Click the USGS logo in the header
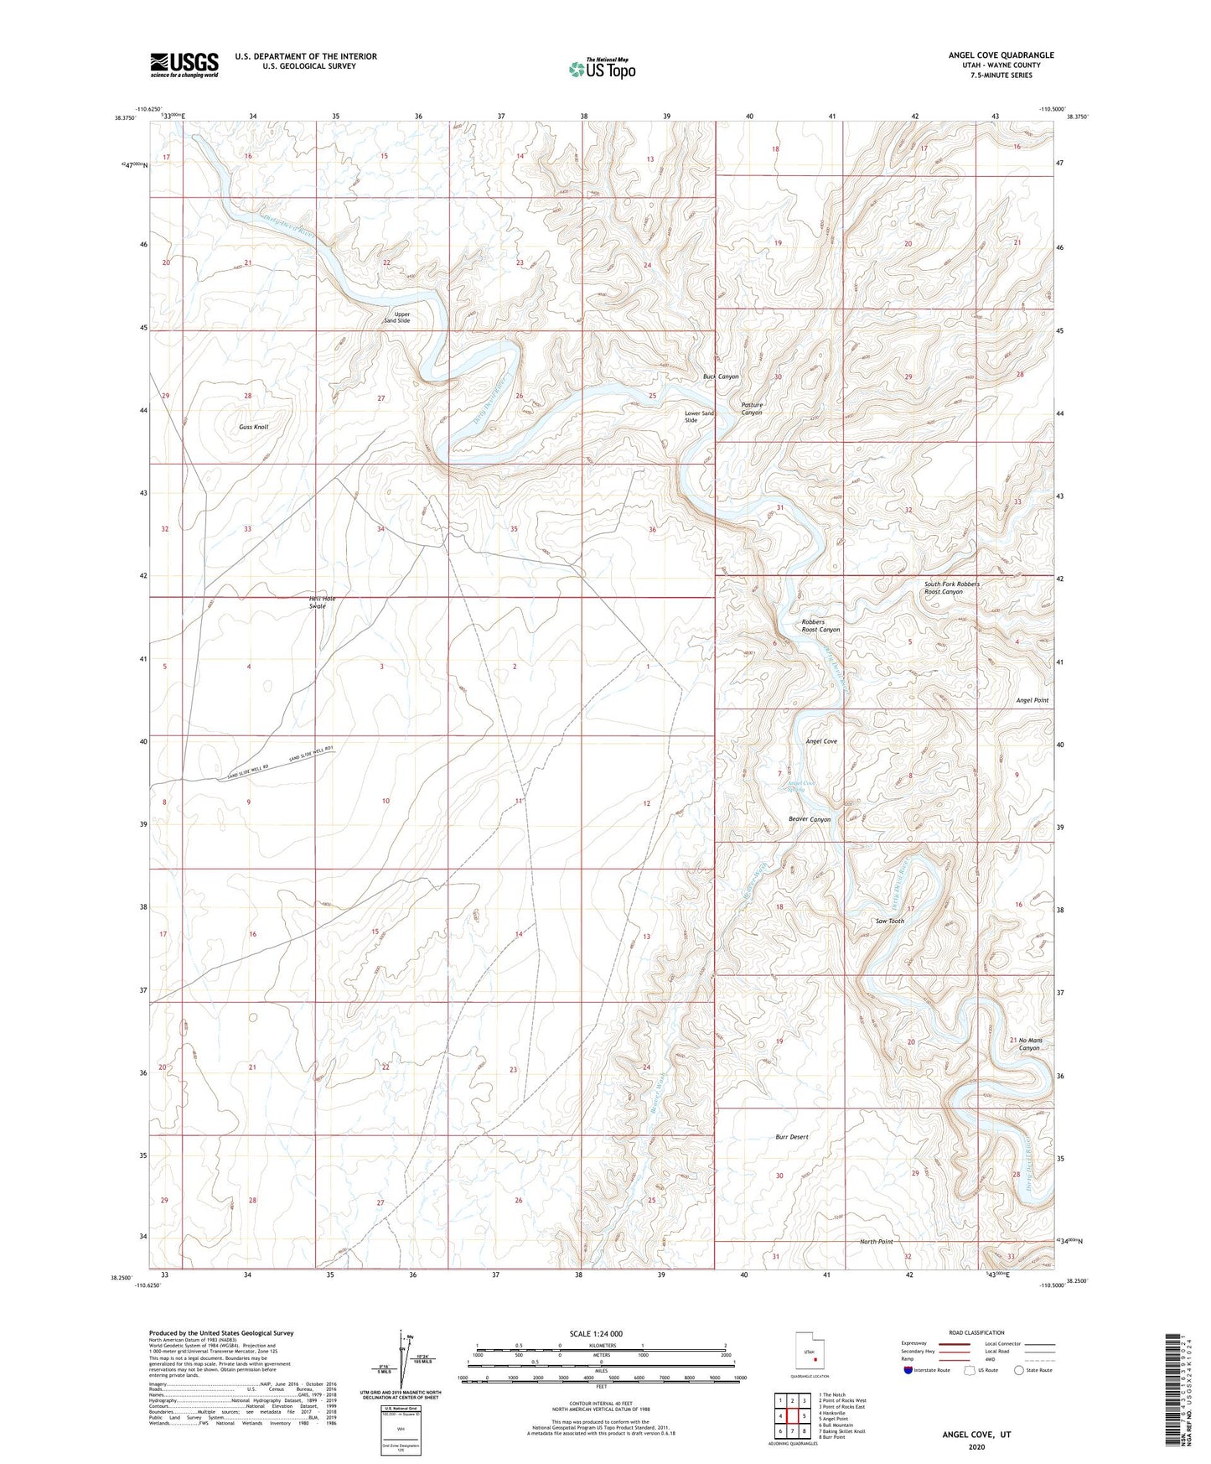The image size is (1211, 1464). coord(184,64)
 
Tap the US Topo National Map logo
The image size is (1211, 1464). coord(602,68)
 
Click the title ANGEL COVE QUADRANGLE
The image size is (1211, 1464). coord(1001,55)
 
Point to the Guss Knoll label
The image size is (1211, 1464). coord(253,427)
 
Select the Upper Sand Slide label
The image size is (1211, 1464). coord(397,317)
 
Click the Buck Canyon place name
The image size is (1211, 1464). coord(721,376)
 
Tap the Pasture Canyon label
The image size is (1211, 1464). coord(752,408)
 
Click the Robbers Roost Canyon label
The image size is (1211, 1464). coord(820,626)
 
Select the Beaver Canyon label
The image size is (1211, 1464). coord(809,819)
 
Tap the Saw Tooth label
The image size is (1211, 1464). coord(889,921)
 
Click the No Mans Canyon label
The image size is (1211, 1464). coord(1029,1044)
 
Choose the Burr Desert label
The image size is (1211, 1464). coord(792,1137)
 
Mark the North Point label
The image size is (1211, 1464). coord(877,1241)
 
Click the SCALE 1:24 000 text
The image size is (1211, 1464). coord(596,1333)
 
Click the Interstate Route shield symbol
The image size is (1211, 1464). coord(909,1370)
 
